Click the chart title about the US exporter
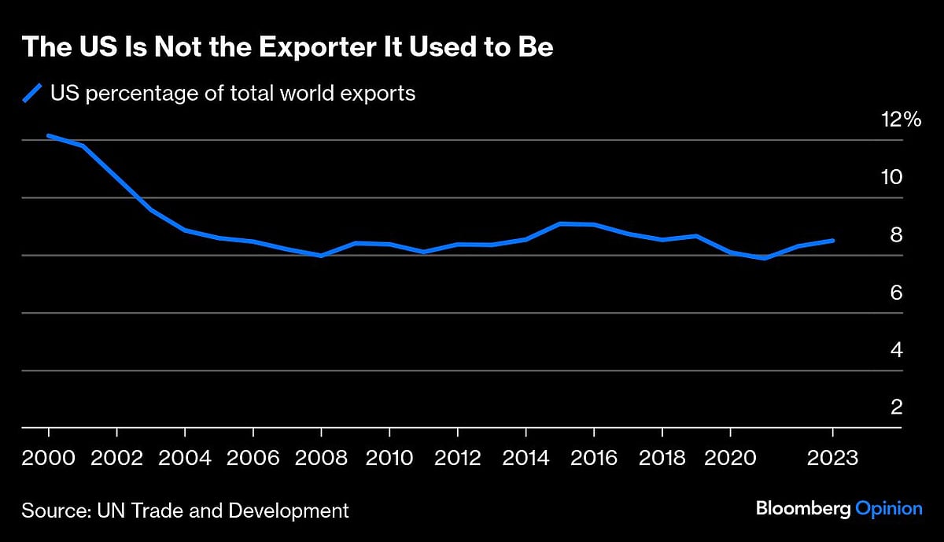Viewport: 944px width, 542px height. pyautogui.click(x=287, y=47)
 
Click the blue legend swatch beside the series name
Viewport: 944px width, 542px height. pyautogui.click(x=31, y=94)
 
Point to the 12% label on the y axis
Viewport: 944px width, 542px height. pyautogui.click(x=901, y=120)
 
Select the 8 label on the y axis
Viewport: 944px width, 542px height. pyautogui.click(x=896, y=235)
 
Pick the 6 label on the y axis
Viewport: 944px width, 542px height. pyautogui.click(x=896, y=293)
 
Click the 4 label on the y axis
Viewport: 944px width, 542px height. pyautogui.click(x=896, y=350)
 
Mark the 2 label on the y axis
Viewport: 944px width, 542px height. pyautogui.click(x=896, y=407)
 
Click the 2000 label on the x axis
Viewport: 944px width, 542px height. pyautogui.click(x=49, y=459)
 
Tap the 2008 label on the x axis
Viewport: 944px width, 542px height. pyautogui.click(x=321, y=459)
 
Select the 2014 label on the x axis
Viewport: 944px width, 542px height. pyautogui.click(x=525, y=459)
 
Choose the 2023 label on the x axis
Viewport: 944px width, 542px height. pyautogui.click(x=833, y=459)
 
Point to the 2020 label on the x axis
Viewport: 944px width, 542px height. pyautogui.click(x=730, y=459)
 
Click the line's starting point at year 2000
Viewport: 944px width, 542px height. pyautogui.click(x=49, y=135)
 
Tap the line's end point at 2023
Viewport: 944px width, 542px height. pyautogui.click(x=833, y=241)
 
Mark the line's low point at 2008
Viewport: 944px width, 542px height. pyautogui.click(x=321, y=256)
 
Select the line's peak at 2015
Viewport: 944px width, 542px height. pyautogui.click(x=560, y=223)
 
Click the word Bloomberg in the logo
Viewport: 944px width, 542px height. pyautogui.click(x=803, y=509)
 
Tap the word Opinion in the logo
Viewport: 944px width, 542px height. pyautogui.click(x=889, y=509)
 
